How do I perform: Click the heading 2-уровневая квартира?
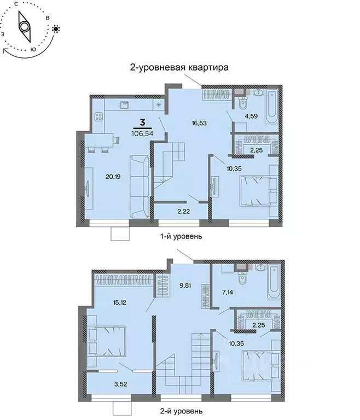[x=178, y=67]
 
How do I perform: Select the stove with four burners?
[x=100, y=116]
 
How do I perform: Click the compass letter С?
[x=16, y=4]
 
